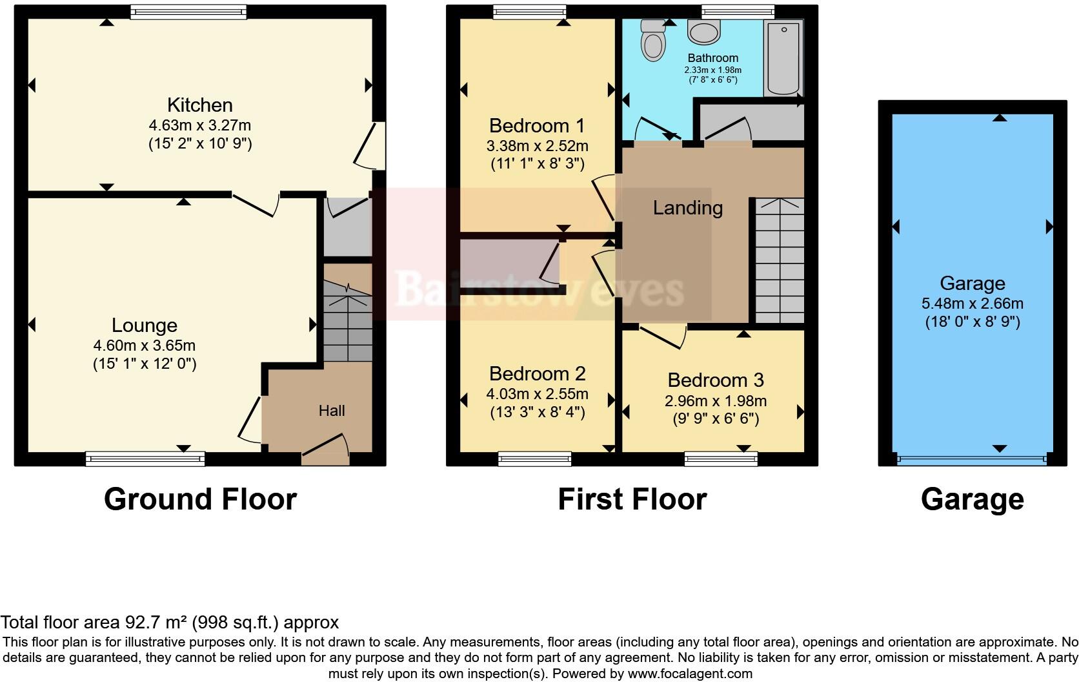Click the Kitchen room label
point(199,105)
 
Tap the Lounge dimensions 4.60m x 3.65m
point(144,346)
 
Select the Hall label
point(332,411)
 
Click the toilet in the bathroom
point(652,41)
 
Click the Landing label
point(687,208)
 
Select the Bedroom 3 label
point(716,380)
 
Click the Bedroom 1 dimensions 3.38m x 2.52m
point(537,146)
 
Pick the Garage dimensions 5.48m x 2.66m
point(972,304)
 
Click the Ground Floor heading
point(200,499)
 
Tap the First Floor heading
point(632,499)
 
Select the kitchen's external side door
point(372,146)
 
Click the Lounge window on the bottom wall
point(145,459)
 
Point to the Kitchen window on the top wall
point(188,11)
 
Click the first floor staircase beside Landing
point(780,262)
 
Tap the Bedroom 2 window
point(534,459)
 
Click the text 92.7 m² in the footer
point(155,623)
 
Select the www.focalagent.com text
point(689,674)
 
